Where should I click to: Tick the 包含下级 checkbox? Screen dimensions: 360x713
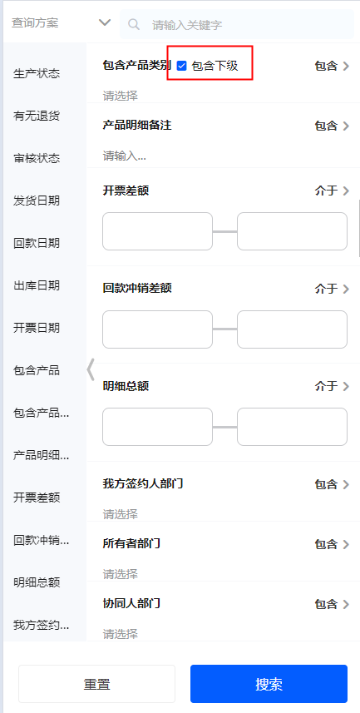(182, 66)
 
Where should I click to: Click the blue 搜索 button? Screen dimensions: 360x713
(269, 684)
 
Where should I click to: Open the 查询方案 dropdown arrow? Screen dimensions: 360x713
(105, 22)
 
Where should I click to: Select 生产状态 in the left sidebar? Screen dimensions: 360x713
(37, 74)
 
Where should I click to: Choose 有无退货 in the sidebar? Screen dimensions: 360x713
(37, 116)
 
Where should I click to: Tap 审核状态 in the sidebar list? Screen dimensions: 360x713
(37, 159)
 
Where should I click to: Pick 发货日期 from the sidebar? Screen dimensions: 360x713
(37, 201)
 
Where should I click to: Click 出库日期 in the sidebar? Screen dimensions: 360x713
(37, 285)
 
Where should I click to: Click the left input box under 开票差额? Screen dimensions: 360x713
(157, 231)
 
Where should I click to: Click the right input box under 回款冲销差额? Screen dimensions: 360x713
(293, 329)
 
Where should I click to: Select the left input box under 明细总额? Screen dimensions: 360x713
(157, 427)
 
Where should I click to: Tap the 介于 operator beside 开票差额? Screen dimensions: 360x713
(332, 191)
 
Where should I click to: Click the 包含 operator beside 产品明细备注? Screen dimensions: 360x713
(332, 126)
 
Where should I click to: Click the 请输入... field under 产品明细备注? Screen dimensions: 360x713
(125, 156)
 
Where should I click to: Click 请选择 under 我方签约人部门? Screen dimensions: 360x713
(120, 514)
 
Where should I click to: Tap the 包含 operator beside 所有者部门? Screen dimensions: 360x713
(332, 544)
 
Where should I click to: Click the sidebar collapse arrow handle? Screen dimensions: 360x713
(91, 369)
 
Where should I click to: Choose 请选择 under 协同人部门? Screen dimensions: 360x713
(120, 633)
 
